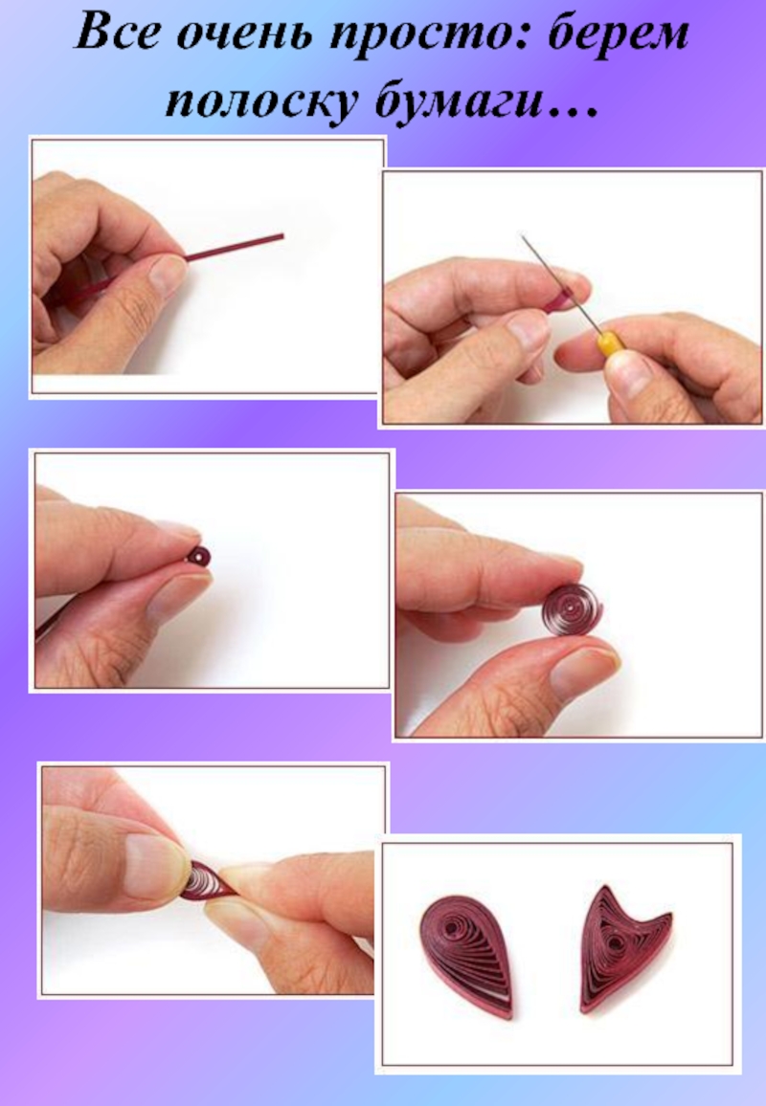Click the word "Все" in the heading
pyautogui.click(x=117, y=33)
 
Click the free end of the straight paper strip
pyautogui.click(x=282, y=236)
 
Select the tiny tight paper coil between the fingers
pyautogui.click(x=199, y=556)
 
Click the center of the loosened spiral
pyautogui.click(x=569, y=606)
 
